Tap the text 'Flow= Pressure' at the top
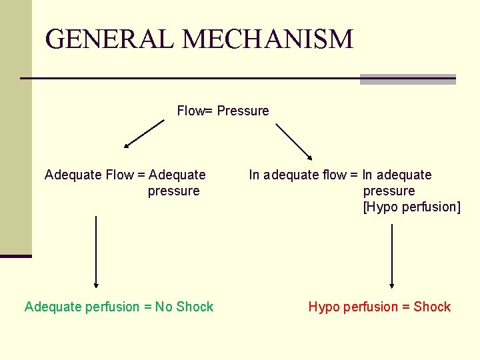[223, 111]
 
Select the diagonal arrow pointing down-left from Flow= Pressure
[144, 133]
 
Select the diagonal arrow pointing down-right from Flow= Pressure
[294, 141]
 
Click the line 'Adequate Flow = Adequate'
[125, 175]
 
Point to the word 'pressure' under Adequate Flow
[173, 191]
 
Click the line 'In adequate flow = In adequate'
[340, 175]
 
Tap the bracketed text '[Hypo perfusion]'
[411, 207]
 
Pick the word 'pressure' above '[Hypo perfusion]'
[389, 191]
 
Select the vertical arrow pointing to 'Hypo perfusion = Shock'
[392, 256]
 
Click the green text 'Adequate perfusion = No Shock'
[119, 307]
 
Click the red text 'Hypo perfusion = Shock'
[379, 307]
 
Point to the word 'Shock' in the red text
[432, 307]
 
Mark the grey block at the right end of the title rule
[407, 79]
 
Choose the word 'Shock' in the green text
[195, 307]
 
